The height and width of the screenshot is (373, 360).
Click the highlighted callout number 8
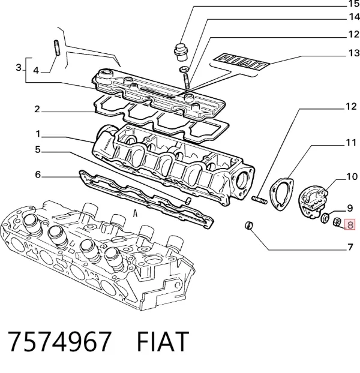point(350,224)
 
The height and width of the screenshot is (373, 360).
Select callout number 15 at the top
point(354,4)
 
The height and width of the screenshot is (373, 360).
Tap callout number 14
point(354,17)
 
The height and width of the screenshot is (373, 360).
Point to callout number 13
point(354,53)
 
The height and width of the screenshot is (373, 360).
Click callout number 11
point(351,143)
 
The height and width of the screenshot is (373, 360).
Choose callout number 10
point(352,176)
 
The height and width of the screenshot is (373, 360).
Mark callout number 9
point(350,208)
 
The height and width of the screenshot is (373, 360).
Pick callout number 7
point(350,247)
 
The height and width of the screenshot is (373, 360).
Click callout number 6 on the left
point(38,175)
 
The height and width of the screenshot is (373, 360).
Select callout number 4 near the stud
point(36,70)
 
